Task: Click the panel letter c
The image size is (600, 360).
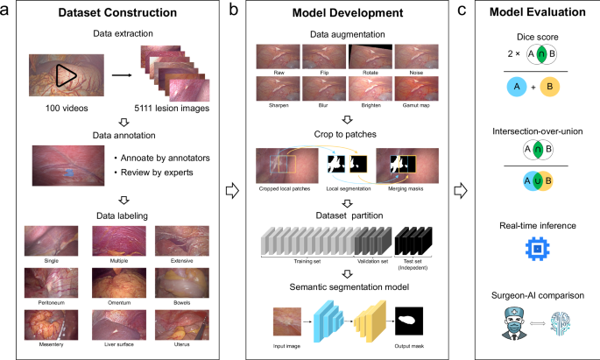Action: pyautogui.click(x=469, y=11)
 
